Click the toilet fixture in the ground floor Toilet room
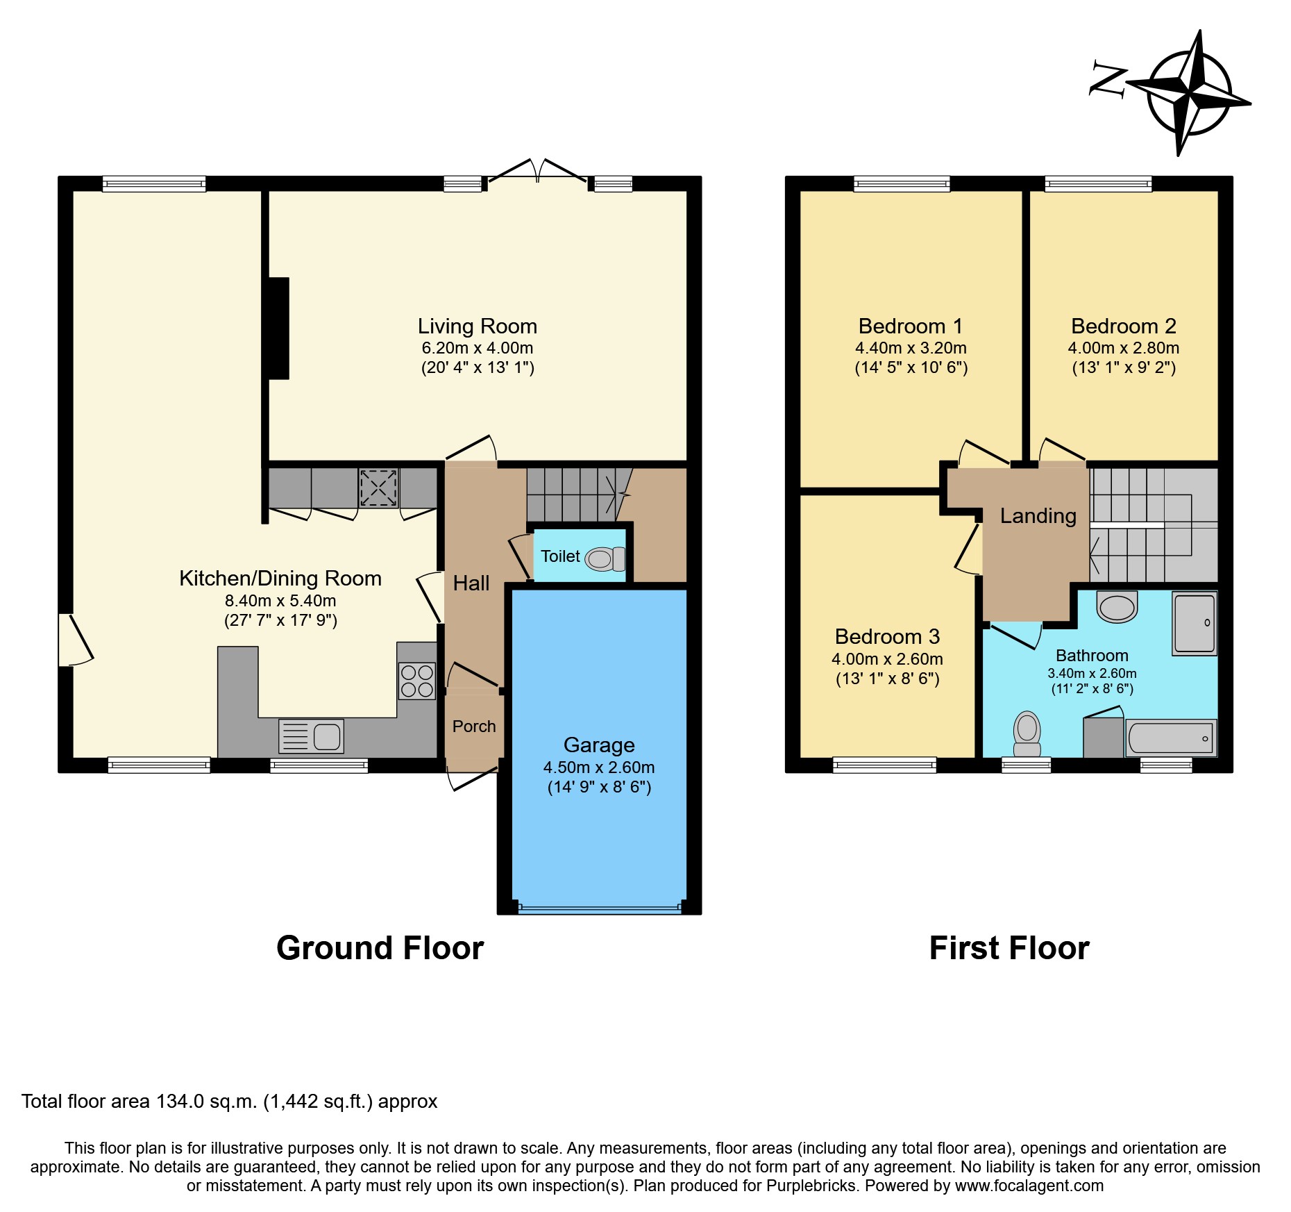pyautogui.click(x=605, y=558)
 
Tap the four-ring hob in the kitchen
pyautogui.click(x=416, y=681)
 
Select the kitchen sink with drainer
pyautogui.click(x=311, y=736)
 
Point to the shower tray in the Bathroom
pyautogui.click(x=1194, y=623)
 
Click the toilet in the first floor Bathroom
pyautogui.click(x=1027, y=735)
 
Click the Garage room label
pyautogui.click(x=599, y=745)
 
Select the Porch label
pyautogui.click(x=474, y=727)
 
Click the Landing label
pyautogui.click(x=1038, y=515)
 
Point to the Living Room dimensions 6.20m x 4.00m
pyautogui.click(x=478, y=348)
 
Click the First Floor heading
pyautogui.click(x=1009, y=948)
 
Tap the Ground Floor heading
pyautogui.click(x=380, y=948)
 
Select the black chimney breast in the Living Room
pyautogui.click(x=278, y=328)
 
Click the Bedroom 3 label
pyautogui.click(x=887, y=636)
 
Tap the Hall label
pyautogui.click(x=471, y=583)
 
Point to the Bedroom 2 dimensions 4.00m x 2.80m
pyautogui.click(x=1123, y=348)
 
